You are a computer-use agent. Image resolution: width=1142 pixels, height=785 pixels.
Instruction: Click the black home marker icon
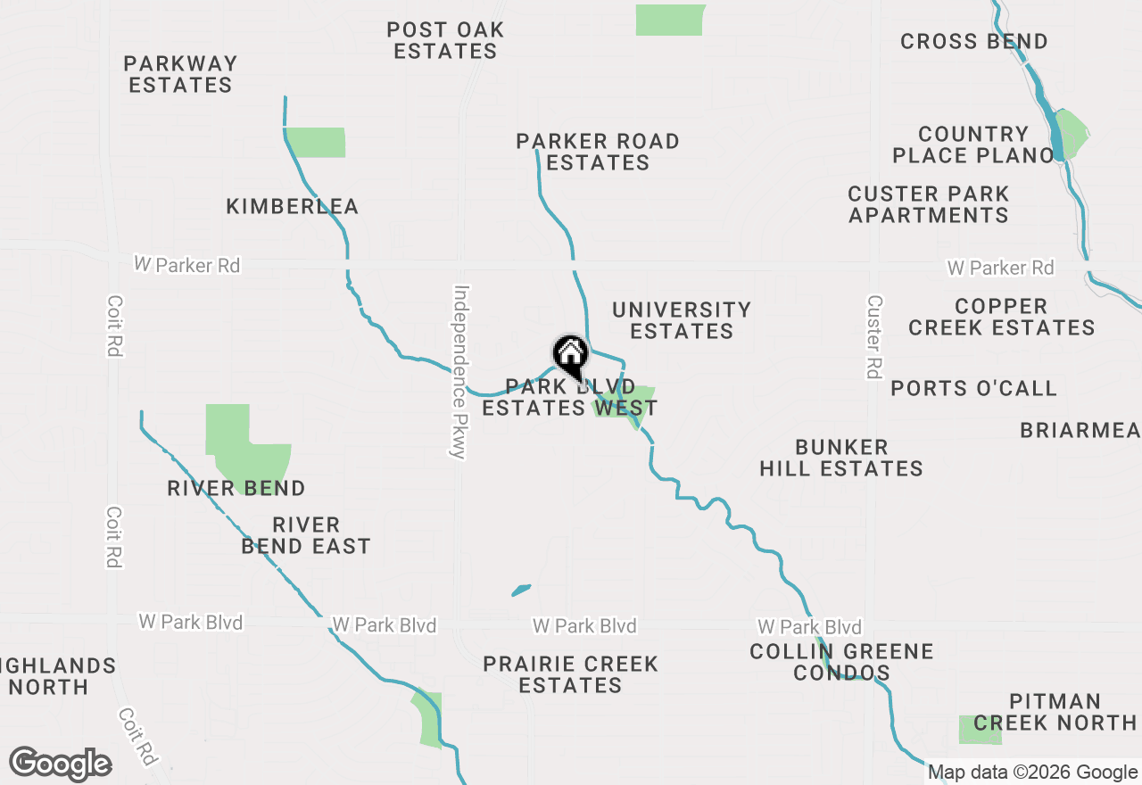tap(570, 356)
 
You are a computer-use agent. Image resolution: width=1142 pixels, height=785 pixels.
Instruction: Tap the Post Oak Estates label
tap(445, 40)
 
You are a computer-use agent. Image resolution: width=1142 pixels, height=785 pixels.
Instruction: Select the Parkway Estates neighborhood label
tap(180, 74)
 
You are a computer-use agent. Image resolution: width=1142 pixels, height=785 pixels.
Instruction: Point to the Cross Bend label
tap(974, 41)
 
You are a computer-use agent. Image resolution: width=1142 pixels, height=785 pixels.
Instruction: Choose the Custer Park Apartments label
tap(929, 204)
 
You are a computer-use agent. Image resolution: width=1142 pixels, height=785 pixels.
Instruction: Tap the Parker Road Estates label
tap(598, 152)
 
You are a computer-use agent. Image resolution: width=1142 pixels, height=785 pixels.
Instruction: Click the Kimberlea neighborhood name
tap(292, 206)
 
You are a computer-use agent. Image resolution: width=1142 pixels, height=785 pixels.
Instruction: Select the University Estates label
tap(682, 320)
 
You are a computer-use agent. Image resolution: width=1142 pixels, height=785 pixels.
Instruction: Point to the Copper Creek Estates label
tap(1001, 317)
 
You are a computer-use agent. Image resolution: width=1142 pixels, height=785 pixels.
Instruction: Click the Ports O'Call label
tap(973, 388)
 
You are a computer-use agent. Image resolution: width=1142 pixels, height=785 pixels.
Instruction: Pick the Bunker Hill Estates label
tap(841, 458)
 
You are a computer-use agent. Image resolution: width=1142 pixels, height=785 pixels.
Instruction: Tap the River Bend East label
tap(306, 535)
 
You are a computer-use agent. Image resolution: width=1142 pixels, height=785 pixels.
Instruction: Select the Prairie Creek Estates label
tap(570, 674)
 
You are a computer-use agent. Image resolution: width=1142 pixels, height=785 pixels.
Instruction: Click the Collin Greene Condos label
tap(841, 662)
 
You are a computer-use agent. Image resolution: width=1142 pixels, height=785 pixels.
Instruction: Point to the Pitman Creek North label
tap(1055, 712)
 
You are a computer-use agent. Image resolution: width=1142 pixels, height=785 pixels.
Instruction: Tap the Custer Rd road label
tap(874, 336)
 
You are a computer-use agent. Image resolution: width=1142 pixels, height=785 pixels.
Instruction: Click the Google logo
tap(60, 764)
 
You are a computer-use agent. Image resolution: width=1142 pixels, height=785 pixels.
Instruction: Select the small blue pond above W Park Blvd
tap(521, 590)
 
